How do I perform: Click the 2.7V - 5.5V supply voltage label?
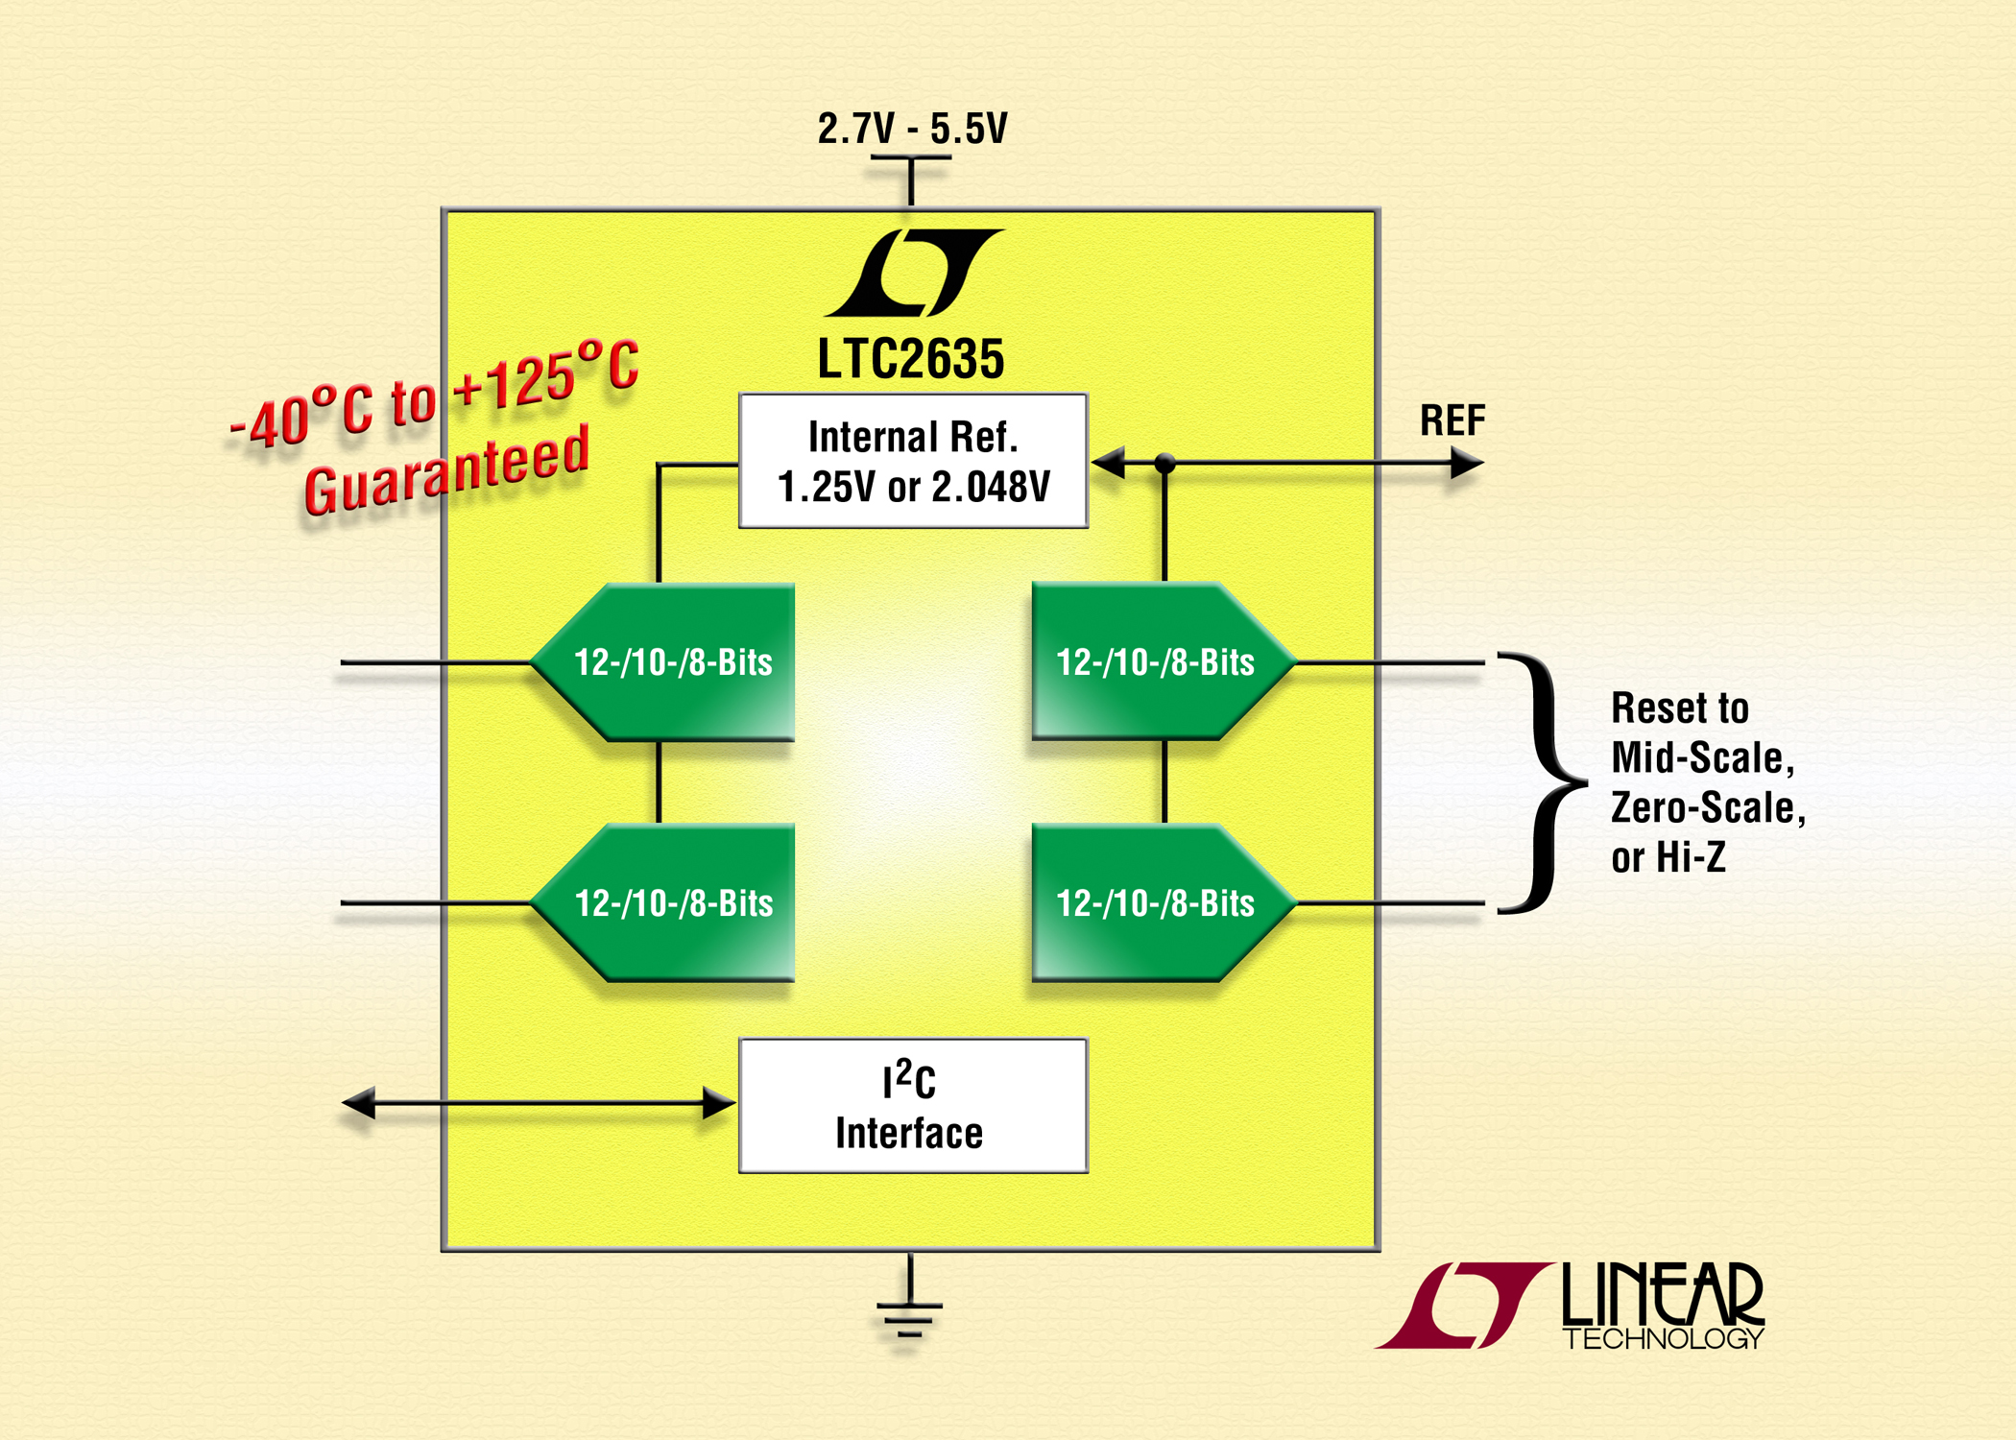(x=912, y=129)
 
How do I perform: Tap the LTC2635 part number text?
(x=911, y=359)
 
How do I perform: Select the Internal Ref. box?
(x=913, y=461)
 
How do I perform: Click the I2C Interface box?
(x=913, y=1106)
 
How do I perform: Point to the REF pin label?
(x=1452, y=420)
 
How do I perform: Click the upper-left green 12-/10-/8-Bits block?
(x=663, y=662)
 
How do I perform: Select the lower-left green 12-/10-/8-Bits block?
(x=663, y=903)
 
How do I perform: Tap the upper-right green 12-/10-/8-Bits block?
(x=1164, y=661)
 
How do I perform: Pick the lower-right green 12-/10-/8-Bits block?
(x=1164, y=903)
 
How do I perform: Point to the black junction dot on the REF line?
(x=1164, y=464)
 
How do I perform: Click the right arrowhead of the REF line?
(x=1467, y=464)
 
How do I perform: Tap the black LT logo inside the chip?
(x=913, y=273)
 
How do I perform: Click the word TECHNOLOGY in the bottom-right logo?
(x=1664, y=1338)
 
